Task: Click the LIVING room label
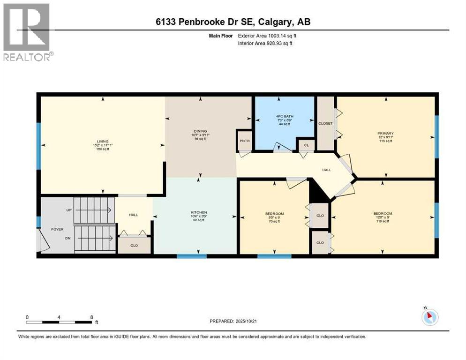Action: (103, 141)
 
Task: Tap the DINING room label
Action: (200, 131)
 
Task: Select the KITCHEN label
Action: (199, 212)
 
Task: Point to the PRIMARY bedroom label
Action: (385, 133)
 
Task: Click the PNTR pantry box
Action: (244, 140)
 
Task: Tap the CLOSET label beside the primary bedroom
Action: (325, 124)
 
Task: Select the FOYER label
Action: (57, 230)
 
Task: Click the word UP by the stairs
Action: (69, 210)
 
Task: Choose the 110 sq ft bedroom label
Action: (383, 214)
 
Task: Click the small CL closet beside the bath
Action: (306, 146)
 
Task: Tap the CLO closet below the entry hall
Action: (134, 245)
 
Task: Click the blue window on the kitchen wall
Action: (191, 256)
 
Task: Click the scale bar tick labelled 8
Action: (91, 317)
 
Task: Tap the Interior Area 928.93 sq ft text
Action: (268, 44)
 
